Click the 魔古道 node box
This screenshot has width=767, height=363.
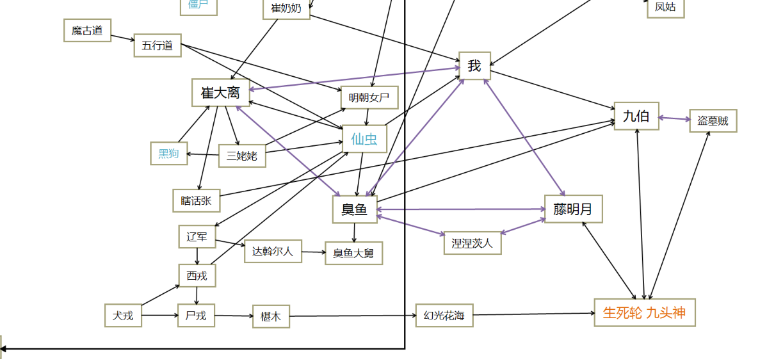(x=87, y=30)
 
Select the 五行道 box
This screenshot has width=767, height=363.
(x=157, y=45)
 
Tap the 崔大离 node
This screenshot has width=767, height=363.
(x=220, y=93)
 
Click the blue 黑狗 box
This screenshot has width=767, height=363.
(x=169, y=154)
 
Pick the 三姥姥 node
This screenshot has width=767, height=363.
(x=242, y=155)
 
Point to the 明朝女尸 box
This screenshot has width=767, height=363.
(x=369, y=98)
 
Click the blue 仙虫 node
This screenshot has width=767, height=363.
(x=364, y=138)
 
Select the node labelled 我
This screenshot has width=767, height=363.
(x=474, y=66)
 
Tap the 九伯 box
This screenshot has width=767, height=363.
(x=636, y=116)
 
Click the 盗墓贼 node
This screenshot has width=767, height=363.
(x=713, y=121)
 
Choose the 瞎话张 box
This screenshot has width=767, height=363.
(x=197, y=200)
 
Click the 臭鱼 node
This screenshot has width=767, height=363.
(x=355, y=209)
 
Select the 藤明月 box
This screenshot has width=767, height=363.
(x=574, y=209)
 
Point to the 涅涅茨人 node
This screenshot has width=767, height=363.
(x=472, y=243)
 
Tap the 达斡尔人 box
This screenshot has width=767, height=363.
(x=273, y=251)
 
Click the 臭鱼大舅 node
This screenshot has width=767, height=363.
(x=353, y=253)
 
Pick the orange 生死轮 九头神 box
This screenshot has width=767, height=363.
(x=644, y=313)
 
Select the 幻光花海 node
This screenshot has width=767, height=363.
(x=444, y=316)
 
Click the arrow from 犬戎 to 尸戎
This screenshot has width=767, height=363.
(x=159, y=316)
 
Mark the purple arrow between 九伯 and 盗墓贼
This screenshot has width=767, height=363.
(x=674, y=118)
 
